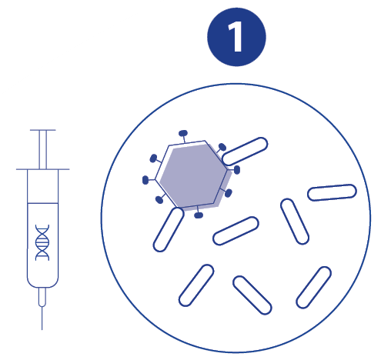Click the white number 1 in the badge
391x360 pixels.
click(x=236, y=36)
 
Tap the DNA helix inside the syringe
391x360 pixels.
click(x=42, y=242)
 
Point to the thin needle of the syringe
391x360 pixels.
click(x=42, y=318)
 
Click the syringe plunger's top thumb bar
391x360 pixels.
click(x=43, y=130)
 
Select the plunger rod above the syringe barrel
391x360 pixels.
click(x=43, y=150)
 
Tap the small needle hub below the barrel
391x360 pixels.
click(x=42, y=297)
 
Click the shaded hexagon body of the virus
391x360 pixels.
click(x=194, y=175)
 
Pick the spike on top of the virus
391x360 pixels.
click(x=183, y=136)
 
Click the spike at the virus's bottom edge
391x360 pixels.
click(x=198, y=212)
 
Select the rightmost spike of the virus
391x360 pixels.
click(x=235, y=169)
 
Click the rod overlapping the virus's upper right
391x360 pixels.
click(x=245, y=152)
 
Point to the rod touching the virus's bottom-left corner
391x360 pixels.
click(x=169, y=229)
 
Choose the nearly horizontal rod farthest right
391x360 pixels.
click(x=332, y=192)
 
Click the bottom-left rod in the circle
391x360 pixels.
click(x=196, y=285)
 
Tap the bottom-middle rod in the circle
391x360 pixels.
click(x=252, y=295)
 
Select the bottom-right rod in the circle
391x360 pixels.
click(x=313, y=287)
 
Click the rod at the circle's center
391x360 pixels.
click(x=236, y=231)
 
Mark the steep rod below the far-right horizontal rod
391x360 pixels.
click(x=295, y=222)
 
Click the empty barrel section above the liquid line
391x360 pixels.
click(x=43, y=186)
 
